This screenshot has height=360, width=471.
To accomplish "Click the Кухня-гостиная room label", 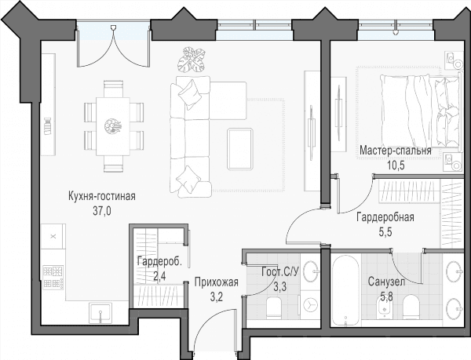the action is click(102, 196).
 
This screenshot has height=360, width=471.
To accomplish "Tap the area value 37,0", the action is click(102, 211).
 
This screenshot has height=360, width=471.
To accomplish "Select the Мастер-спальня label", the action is click(396, 151).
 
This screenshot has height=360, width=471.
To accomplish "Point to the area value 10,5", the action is click(396, 165).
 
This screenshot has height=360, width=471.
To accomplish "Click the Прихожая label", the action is click(217, 282).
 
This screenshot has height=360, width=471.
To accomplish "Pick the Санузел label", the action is click(386, 282).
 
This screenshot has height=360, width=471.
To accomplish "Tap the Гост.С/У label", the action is click(280, 272).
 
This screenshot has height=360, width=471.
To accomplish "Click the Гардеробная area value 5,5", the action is click(385, 232).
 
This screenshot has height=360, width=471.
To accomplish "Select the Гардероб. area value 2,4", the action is click(159, 276).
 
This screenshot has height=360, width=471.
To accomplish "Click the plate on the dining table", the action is click(112, 125).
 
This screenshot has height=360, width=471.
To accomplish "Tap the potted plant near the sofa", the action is click(192, 59).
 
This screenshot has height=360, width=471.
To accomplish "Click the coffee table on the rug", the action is click(240, 149).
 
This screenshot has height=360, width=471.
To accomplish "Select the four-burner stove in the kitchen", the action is click(53, 278).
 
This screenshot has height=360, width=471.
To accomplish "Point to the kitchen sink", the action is click(100, 313).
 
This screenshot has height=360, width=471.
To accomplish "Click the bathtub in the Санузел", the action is click(345, 290).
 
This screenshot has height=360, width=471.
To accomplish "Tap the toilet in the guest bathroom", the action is click(273, 306).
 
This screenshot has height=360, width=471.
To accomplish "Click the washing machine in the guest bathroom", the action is click(310, 305).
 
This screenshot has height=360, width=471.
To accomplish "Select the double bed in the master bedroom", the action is click(420, 109).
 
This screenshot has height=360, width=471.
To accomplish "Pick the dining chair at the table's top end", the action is click(113, 88).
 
